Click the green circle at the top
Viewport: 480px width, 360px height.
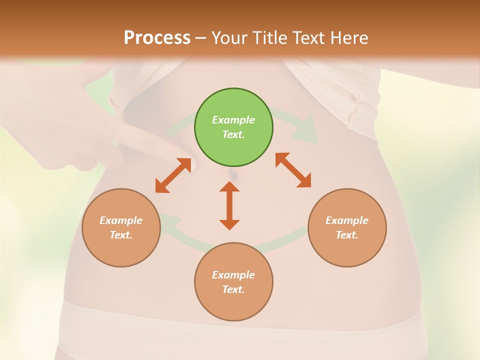coord(233,127)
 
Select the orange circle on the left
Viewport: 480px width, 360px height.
coord(121,227)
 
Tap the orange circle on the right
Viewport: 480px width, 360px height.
coord(347,227)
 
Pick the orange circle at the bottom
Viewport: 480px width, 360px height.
coord(233,282)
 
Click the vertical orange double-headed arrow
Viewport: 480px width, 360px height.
coord(229,205)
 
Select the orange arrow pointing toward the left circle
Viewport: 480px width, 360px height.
coord(173,175)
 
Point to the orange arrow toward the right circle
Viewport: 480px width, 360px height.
coord(293,170)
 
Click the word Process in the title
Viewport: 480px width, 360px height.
coord(157,37)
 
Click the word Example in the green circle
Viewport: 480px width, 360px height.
coord(233,120)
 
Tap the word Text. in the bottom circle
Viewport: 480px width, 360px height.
coord(233,289)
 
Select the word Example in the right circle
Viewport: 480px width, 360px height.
coord(347,220)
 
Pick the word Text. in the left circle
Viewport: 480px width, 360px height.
coord(121,235)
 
